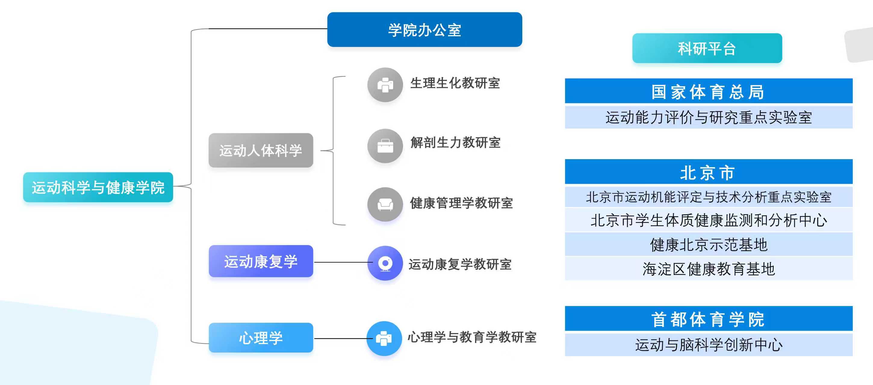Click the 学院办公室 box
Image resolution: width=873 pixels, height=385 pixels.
tap(424, 30)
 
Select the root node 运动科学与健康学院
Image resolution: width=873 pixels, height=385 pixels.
tap(98, 187)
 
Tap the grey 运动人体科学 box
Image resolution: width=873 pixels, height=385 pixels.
tap(261, 150)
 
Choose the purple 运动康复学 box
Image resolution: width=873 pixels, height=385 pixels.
tap(261, 261)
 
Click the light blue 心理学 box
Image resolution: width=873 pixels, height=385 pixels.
tap(261, 337)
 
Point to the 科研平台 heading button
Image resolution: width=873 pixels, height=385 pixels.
tap(707, 48)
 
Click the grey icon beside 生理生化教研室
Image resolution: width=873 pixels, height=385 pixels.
tap(385, 85)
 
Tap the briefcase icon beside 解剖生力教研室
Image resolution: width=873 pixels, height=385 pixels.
tap(385, 146)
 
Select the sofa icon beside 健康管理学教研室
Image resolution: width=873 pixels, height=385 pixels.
tap(385, 204)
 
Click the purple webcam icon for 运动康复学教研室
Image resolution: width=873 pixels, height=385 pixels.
tap(385, 263)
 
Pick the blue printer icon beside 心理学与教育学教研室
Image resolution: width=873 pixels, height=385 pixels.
tap(384, 338)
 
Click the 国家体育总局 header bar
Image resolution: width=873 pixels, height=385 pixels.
tap(708, 91)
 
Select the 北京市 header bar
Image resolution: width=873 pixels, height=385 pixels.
tap(708, 172)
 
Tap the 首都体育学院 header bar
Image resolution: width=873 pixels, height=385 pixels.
tap(708, 319)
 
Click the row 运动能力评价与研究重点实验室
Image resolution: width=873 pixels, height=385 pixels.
tap(708, 118)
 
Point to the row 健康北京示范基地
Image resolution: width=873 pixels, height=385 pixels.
tap(708, 245)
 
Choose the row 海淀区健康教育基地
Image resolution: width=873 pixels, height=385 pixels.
tap(708, 269)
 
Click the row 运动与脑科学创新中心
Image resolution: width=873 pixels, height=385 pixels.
tap(708, 345)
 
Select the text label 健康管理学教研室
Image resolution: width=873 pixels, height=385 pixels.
tap(461, 203)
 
